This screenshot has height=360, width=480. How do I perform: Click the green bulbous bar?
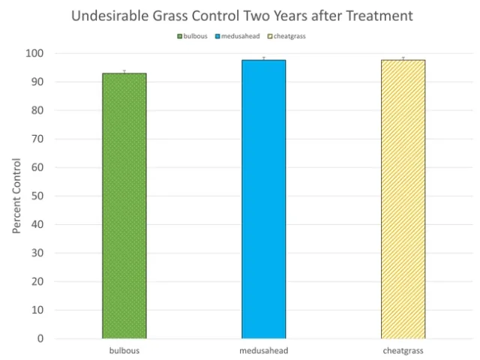(124, 206)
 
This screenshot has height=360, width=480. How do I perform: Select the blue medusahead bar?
(263, 199)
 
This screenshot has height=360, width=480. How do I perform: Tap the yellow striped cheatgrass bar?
(403, 199)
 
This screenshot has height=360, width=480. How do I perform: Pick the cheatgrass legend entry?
(288, 36)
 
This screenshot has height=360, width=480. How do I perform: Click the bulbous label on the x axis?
(124, 350)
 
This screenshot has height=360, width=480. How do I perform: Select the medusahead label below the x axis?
(263, 350)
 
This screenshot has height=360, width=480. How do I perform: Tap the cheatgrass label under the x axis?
(403, 350)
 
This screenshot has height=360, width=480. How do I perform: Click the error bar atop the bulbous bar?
(124, 72)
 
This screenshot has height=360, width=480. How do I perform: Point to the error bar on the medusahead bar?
(263, 58)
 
